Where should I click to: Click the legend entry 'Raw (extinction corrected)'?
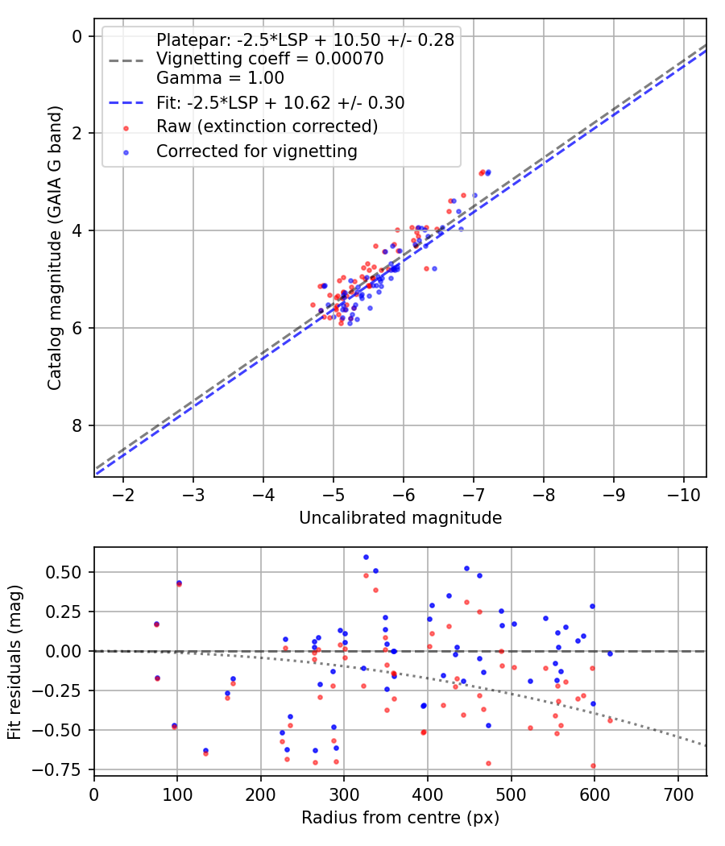[267, 126]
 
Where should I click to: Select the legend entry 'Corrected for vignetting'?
[256, 151]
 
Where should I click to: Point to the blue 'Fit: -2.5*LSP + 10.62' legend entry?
[280, 102]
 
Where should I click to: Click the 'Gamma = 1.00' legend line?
[220, 79]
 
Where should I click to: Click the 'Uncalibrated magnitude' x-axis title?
[400, 518]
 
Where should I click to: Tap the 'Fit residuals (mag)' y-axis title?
[14, 661]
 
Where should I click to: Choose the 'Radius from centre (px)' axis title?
[400, 818]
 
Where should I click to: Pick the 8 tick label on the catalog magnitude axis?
[77, 425]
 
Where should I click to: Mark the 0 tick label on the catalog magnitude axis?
[77, 36]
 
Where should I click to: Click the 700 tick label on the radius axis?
[677, 794]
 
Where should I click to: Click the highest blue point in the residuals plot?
[366, 557]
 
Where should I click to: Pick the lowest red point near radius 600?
[594, 766]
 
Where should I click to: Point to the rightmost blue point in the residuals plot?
[610, 653]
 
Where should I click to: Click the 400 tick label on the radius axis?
[428, 794]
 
